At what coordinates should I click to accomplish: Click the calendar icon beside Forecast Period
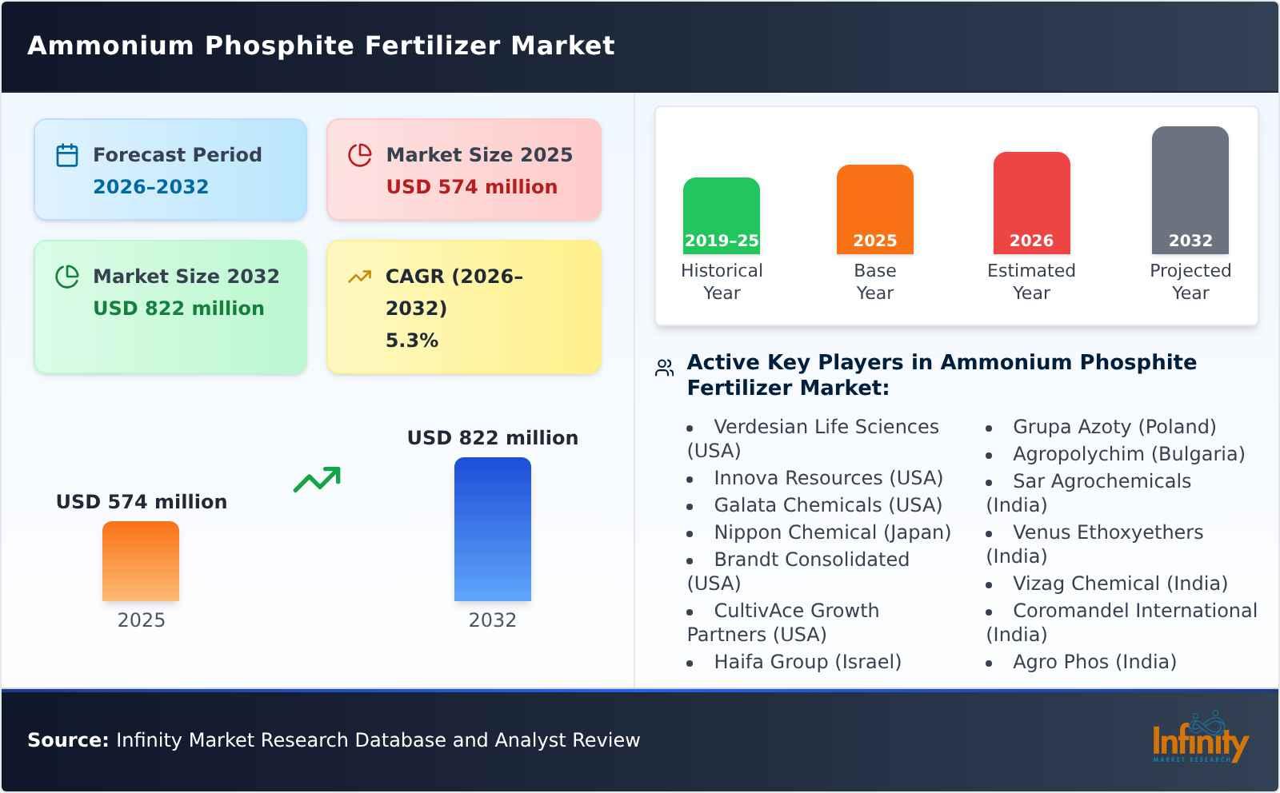67,155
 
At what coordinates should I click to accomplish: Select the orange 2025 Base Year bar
874,209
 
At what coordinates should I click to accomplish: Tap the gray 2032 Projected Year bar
1190,190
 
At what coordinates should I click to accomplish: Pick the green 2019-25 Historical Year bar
721,216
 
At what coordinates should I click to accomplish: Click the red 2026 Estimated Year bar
1031,203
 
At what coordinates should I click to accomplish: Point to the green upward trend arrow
317,480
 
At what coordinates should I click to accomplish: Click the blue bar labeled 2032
492,529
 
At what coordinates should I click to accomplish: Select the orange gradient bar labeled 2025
141,561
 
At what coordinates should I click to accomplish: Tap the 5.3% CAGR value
411,341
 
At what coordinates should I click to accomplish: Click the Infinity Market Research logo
1199,739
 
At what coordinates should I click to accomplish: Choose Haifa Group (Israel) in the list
807,662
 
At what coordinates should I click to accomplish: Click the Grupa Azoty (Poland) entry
1114,427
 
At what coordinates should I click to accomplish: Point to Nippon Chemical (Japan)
832,532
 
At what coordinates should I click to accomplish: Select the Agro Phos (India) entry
1094,662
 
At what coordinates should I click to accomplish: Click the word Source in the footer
67,740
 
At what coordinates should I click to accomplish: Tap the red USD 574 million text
471,187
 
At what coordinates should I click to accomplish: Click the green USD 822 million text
178,309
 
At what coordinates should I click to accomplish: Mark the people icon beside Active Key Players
664,368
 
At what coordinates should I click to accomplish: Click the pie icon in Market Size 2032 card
67,277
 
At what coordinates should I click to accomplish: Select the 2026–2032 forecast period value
150,187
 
